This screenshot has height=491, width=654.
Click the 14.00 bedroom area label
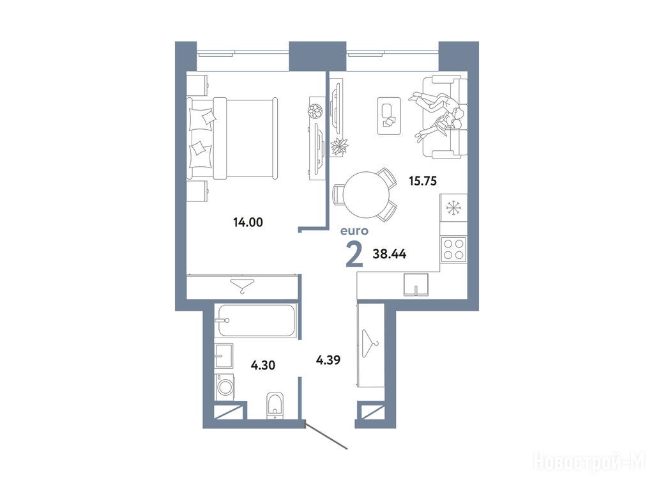click(248, 222)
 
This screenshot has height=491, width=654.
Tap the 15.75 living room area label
click(423, 181)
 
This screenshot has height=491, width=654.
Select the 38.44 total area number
click(390, 253)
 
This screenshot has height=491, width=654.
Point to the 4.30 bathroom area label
click(262, 365)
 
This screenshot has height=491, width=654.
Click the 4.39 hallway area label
click(328, 359)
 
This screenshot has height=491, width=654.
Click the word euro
click(354, 230)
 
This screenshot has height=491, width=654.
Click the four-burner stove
click(453, 249)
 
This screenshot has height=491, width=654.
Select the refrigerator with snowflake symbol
click(453, 208)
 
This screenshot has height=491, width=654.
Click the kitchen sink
click(416, 284)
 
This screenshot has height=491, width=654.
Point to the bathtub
click(257, 320)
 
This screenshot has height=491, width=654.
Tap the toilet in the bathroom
click(274, 405)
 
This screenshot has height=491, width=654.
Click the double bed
click(232, 139)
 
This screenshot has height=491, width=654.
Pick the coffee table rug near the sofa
click(389, 116)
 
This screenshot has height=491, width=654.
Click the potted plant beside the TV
click(339, 146)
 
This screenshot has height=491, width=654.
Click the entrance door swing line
click(326, 437)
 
